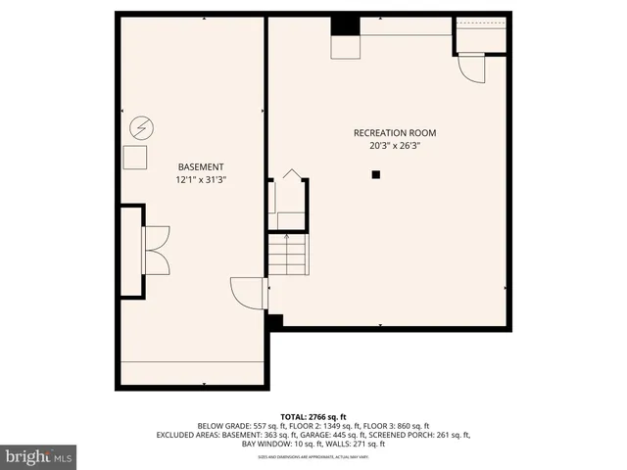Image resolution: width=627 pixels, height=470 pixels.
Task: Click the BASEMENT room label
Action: tap(200, 166)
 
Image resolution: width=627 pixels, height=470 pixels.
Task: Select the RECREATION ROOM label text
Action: tap(395, 132)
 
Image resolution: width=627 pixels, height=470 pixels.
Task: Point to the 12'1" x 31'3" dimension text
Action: tap(200, 179)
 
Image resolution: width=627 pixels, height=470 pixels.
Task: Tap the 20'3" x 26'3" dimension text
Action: tap(395, 145)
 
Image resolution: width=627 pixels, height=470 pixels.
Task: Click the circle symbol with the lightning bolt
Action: tap(142, 127)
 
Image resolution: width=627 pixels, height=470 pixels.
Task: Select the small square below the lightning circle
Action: tap(135, 158)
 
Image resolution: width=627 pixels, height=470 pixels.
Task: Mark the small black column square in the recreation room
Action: tap(375, 174)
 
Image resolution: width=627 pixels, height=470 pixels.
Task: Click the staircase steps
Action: tap(287, 257)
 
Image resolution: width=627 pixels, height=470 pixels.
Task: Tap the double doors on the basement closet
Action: tap(156, 250)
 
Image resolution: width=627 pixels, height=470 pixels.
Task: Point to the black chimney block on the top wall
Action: tap(346, 26)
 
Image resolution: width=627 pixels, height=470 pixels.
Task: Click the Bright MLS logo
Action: tap(39, 457)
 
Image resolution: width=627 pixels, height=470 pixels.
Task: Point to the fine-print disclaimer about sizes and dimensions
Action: tap(313, 455)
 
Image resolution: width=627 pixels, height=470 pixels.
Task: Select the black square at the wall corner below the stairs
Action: tap(274, 320)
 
